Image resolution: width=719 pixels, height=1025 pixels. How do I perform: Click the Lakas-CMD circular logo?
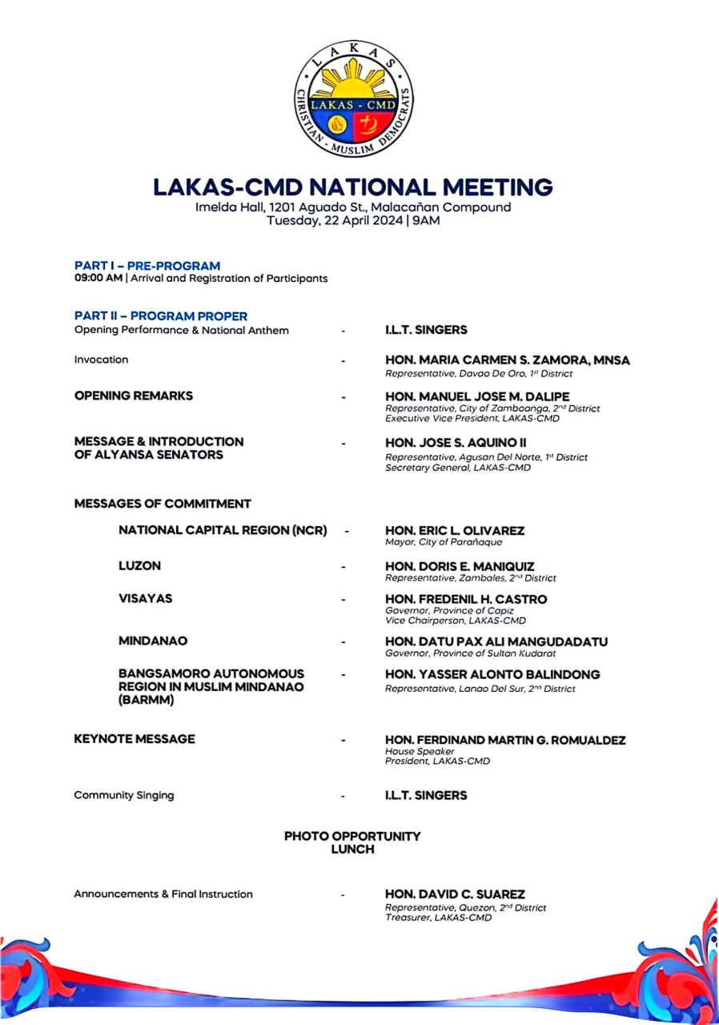(x=353, y=98)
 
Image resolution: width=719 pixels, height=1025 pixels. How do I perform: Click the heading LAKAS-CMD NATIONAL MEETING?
(x=353, y=187)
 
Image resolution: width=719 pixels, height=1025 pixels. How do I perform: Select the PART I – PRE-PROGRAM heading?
(x=147, y=266)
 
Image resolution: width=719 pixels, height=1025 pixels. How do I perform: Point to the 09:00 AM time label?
(x=97, y=279)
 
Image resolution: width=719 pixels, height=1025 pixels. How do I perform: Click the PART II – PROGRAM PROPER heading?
(x=161, y=316)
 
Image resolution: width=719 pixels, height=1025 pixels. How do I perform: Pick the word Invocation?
(x=101, y=360)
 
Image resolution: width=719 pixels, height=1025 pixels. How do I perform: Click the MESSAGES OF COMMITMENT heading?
(x=163, y=504)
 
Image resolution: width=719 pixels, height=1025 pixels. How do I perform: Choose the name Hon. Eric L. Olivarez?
(x=455, y=531)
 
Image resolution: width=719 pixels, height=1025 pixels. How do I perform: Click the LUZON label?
(x=139, y=566)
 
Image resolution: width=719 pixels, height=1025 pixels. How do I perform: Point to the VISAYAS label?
(x=145, y=599)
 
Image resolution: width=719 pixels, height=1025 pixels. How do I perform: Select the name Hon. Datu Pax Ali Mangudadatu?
(x=496, y=642)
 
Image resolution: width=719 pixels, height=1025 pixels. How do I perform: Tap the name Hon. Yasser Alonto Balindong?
(x=492, y=675)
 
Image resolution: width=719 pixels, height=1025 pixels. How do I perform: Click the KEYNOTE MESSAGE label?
(x=135, y=739)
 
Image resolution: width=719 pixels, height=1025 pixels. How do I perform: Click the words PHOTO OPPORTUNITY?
(x=352, y=836)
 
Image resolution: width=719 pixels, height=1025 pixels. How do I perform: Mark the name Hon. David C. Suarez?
(x=455, y=894)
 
